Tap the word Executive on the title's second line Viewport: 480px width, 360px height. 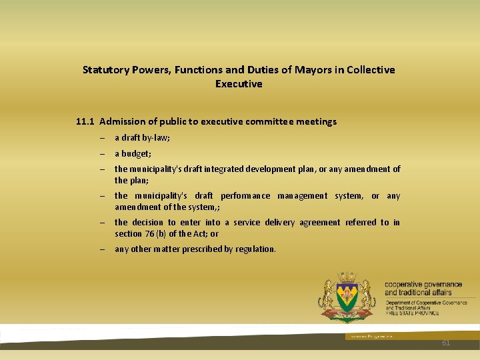click(239, 84)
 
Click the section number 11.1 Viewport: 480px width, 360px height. click(85, 121)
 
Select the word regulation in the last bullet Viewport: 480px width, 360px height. click(255, 249)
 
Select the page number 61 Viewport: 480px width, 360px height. click(446, 343)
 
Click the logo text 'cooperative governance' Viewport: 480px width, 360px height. click(423, 285)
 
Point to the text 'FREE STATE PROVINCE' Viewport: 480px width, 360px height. click(412, 313)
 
